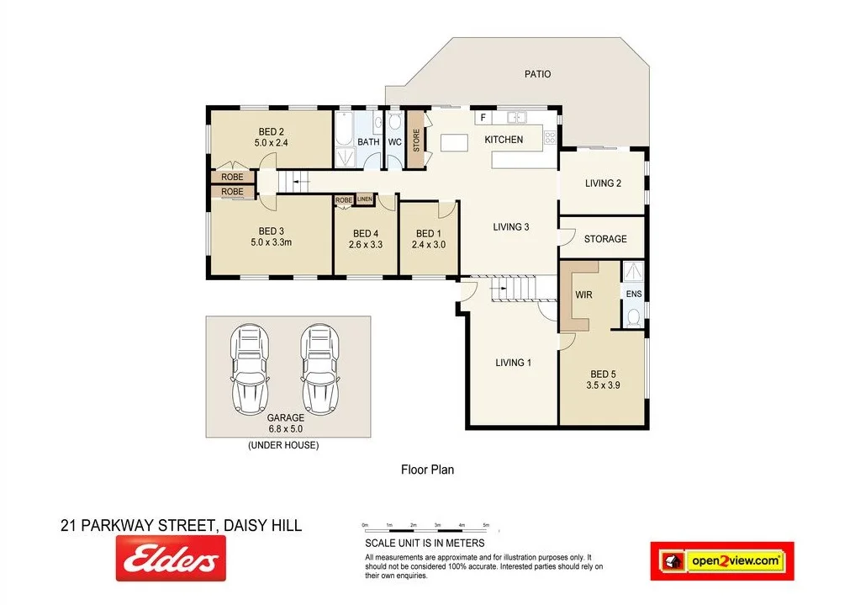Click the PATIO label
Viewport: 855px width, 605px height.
tap(537, 74)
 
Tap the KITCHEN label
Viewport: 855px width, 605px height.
tap(504, 140)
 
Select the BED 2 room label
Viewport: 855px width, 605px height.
tap(270, 131)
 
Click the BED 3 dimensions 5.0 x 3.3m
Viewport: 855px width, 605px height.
tap(271, 242)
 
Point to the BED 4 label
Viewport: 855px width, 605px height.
tap(365, 233)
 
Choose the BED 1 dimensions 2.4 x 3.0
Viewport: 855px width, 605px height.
tap(429, 245)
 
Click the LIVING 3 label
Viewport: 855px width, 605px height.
tap(511, 226)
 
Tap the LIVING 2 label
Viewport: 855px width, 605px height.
tap(603, 183)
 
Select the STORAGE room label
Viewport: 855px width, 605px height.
tap(605, 239)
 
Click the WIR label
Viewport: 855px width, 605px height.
tap(584, 295)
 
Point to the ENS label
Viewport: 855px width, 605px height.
tap(633, 294)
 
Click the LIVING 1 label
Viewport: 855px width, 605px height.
tap(513, 363)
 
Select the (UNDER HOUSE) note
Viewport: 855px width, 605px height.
tap(283, 445)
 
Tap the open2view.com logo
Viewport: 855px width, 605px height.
tap(722, 560)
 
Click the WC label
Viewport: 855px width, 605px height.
tap(394, 142)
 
